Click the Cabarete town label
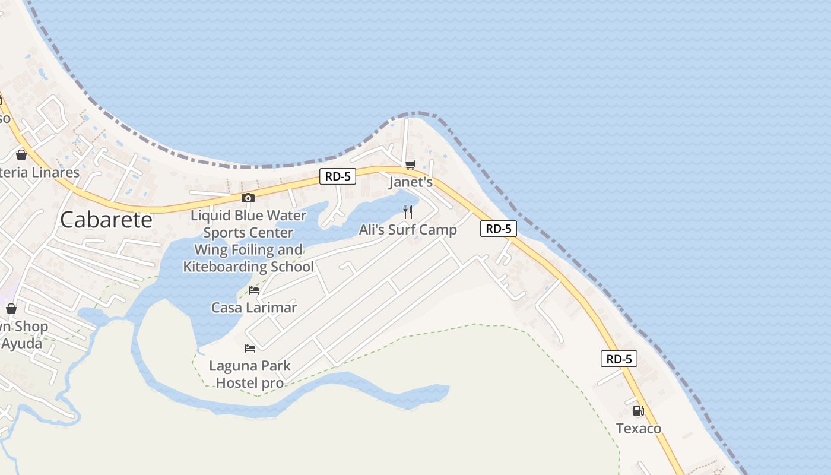tap(106, 220)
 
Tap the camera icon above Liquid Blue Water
tap(248, 198)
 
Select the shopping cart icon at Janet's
tap(410, 164)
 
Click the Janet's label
tap(411, 182)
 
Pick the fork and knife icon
tap(408, 212)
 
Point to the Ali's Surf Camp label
tap(408, 230)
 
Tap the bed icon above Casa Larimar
tap(254, 290)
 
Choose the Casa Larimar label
tap(254, 308)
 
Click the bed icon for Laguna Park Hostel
tap(250, 349)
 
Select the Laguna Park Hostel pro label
tap(250, 374)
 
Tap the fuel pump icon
tap(638, 410)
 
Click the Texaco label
tap(638, 428)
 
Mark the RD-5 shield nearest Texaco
tap(619, 359)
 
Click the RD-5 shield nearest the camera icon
tap(338, 176)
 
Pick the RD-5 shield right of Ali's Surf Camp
tap(499, 229)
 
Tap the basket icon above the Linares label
tap(21, 155)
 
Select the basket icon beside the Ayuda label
tap(11, 309)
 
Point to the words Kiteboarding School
tap(248, 267)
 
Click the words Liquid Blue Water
tap(248, 215)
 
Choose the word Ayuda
tap(22, 344)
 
